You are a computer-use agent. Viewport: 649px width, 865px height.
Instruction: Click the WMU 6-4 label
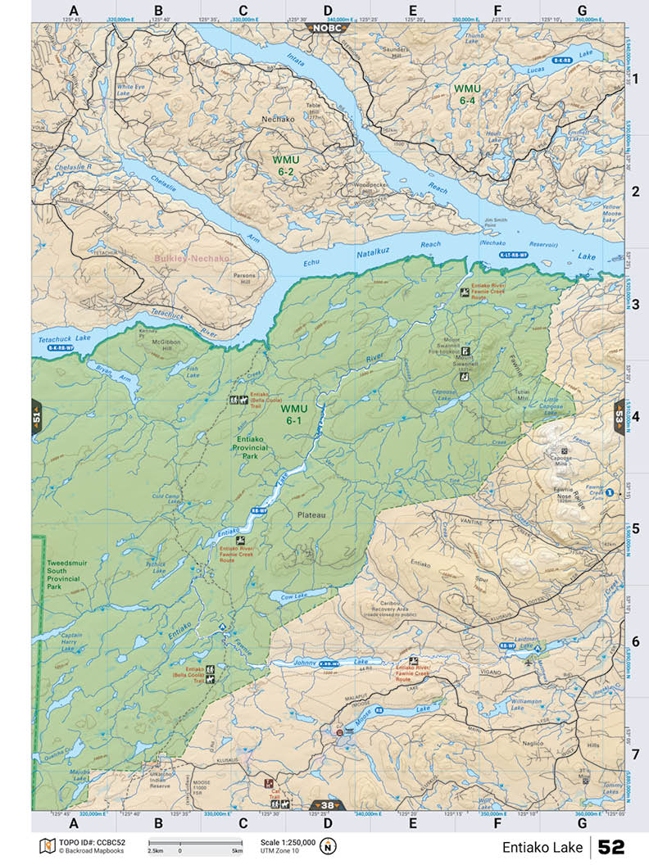click(x=467, y=94)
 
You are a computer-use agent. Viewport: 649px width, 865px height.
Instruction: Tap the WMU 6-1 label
click(x=296, y=414)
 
